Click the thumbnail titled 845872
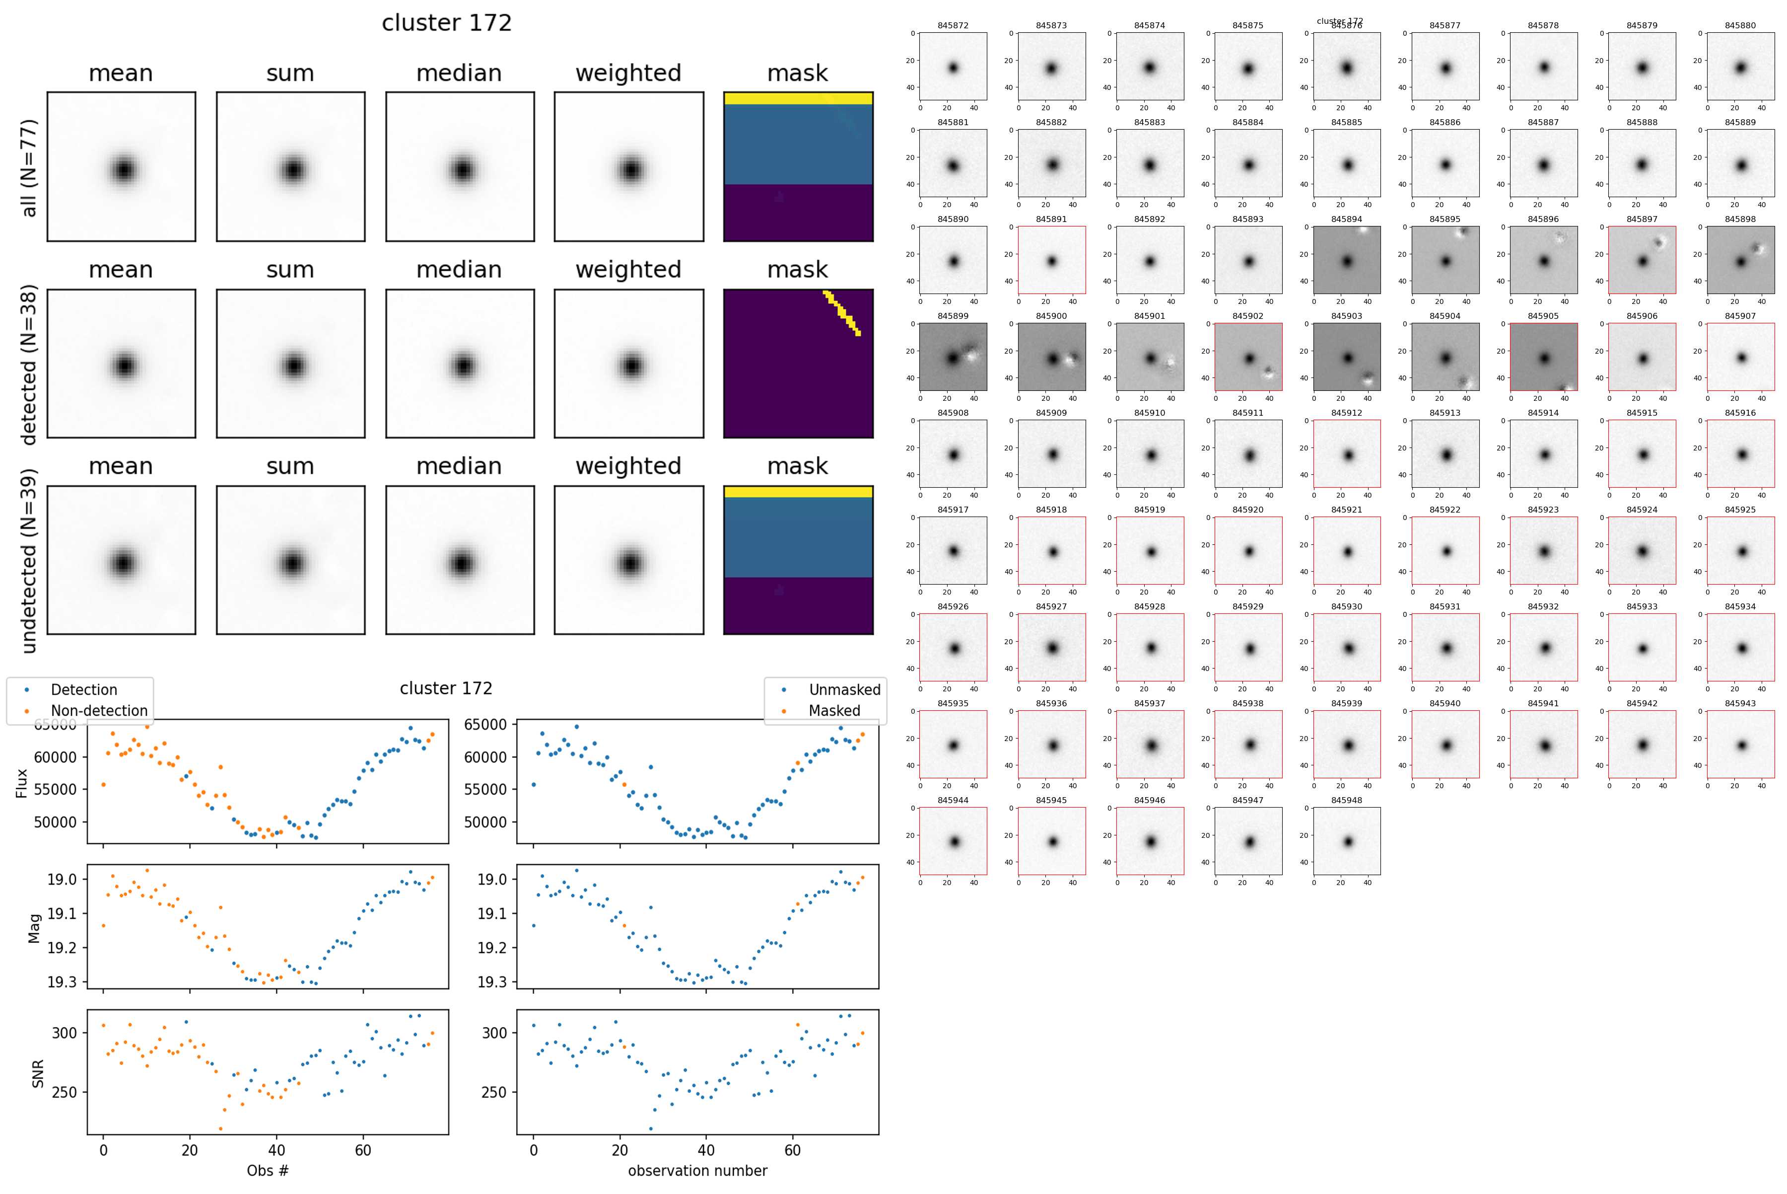953,66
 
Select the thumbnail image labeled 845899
953,357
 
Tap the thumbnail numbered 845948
1346,841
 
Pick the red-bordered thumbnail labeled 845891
1051,260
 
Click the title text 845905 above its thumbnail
1543,316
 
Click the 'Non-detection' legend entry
99,710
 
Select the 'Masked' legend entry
834,710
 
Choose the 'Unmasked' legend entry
844,690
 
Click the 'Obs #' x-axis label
267,1170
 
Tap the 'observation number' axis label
697,1170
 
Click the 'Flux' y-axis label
21,783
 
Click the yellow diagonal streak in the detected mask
842,312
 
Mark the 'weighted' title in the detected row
628,270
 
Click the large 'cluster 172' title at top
447,23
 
